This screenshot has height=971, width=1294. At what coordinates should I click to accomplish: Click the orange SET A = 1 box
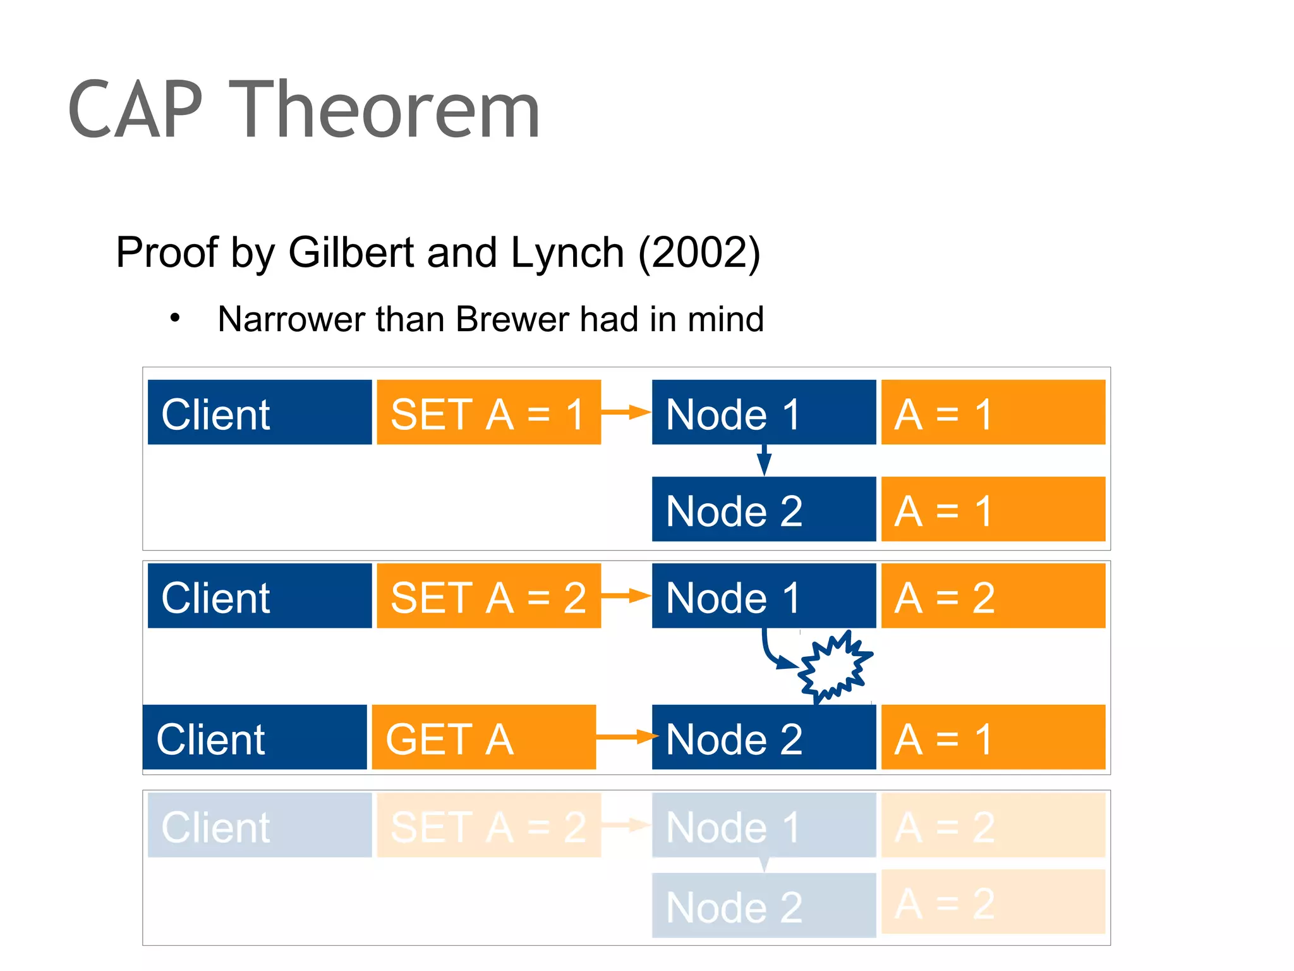[488, 412]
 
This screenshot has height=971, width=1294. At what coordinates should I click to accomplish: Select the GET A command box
[483, 737]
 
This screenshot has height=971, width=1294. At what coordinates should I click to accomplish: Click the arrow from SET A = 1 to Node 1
[626, 412]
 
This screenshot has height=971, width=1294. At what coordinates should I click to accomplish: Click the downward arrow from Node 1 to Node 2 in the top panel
[764, 460]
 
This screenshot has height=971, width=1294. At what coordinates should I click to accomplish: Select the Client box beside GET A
[255, 737]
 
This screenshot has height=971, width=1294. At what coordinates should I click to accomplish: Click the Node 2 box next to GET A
[763, 737]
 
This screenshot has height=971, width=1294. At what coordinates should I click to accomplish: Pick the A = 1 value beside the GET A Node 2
[993, 737]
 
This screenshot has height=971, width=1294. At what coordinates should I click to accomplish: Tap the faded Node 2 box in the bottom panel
[763, 905]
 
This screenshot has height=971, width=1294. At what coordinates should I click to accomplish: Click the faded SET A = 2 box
[488, 826]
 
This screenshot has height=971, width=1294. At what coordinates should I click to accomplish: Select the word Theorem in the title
[384, 110]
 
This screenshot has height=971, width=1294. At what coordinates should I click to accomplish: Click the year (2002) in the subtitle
[699, 253]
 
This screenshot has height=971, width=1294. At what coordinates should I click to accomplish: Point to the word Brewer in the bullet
[513, 319]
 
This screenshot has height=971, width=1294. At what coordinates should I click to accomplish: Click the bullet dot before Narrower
[175, 318]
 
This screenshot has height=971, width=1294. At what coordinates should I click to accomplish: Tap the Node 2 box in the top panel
[763, 510]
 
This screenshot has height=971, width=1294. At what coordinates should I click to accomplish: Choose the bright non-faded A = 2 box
[993, 595]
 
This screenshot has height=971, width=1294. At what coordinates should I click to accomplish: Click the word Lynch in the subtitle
[567, 253]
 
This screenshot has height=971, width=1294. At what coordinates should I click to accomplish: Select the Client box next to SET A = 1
[259, 412]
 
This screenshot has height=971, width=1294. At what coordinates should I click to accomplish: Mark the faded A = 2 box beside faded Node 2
[993, 901]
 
